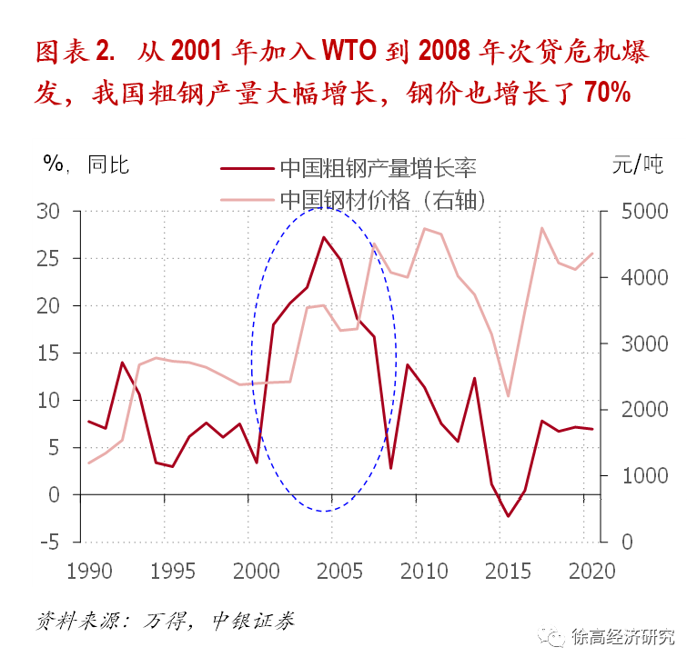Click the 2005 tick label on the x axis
339,571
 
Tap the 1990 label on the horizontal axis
89,571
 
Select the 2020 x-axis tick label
592,571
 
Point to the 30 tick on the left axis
48,212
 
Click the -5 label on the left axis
49,543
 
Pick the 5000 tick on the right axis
644,212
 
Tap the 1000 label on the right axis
644,475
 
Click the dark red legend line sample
247,169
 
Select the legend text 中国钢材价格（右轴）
383,200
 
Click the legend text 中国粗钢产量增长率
379,168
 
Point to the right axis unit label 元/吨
638,164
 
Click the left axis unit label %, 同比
86,164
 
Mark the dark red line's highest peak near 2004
324,237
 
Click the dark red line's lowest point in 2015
508,516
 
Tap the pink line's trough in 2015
508,396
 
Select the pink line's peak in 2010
425,229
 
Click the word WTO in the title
349,50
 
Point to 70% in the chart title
607,92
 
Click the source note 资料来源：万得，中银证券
166,621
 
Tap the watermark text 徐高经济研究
623,637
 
